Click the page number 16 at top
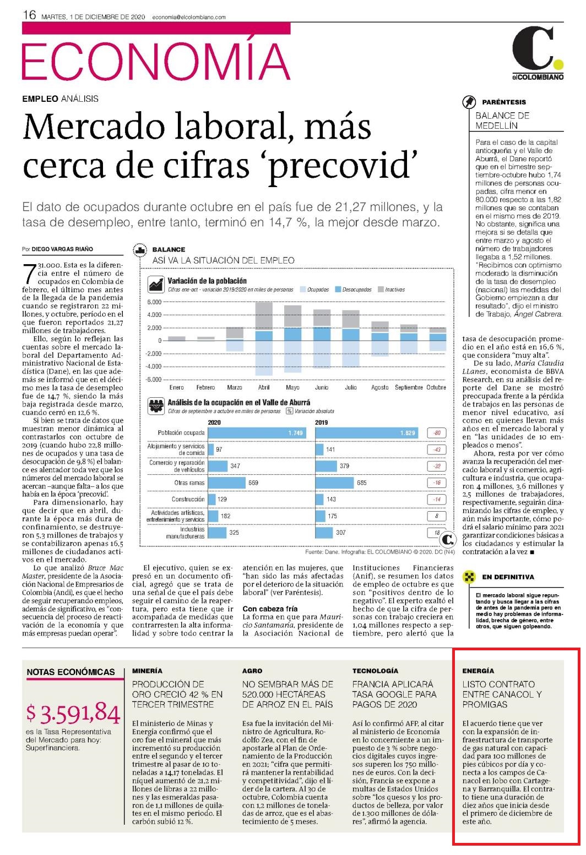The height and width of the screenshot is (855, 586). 29,15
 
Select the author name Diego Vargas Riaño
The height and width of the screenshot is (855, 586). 62,249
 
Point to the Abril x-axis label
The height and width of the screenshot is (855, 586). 264,387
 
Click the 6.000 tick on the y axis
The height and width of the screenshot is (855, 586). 154,302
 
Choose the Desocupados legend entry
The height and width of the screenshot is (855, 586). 354,289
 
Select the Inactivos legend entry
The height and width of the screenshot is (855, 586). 391,289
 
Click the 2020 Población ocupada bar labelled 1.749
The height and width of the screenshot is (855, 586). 257,432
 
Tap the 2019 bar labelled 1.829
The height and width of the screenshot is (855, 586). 366,432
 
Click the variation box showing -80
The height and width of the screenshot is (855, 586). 437,432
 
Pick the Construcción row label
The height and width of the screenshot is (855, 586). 188,499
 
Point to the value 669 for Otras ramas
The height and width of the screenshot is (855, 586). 253,483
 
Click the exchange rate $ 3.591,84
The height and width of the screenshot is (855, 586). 73,713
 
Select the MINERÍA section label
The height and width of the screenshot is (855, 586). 147,671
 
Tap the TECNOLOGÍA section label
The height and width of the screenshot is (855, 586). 375,671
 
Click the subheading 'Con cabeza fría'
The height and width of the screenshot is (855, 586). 270,609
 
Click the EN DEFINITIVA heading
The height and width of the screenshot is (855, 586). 508,577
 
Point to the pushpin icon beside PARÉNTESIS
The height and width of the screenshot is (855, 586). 469,102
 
